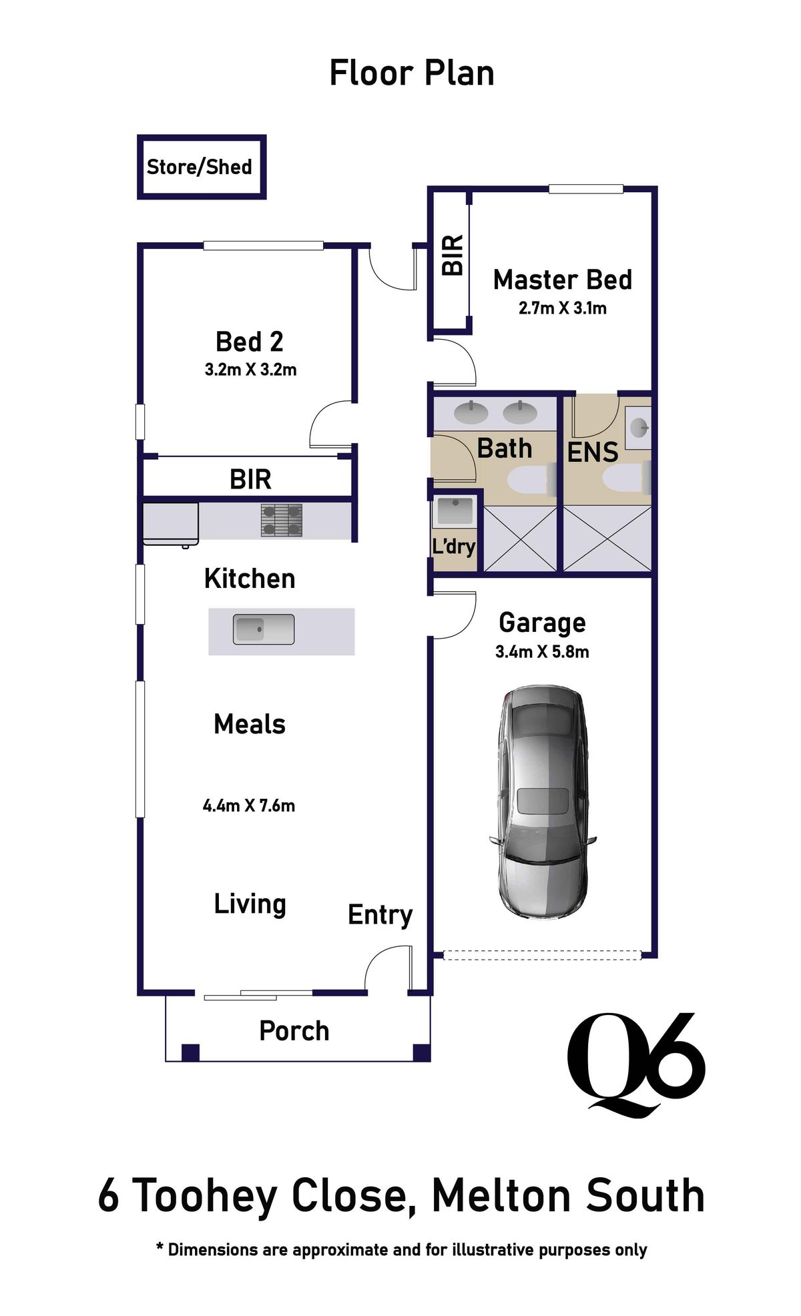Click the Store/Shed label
pos(199,167)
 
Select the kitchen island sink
pos(263,629)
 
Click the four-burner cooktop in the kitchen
pos(281,520)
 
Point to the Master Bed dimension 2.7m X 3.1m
pos(562,308)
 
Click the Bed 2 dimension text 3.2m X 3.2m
pos(250,370)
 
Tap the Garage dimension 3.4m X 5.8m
pos(542,652)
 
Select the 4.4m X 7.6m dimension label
pos(248,805)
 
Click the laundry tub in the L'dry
pos(455,512)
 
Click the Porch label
pos(294,1031)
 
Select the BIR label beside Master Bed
pos(453,255)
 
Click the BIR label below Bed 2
pos(250,479)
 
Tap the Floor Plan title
pos(411,73)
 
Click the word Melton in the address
pos(501,1196)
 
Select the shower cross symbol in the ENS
pos(607,539)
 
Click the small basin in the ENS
pos(639,426)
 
